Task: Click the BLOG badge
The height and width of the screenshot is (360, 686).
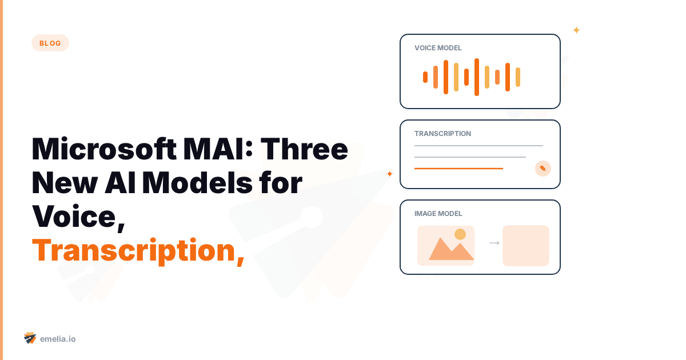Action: (50, 43)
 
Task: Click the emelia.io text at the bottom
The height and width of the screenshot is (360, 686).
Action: (58, 339)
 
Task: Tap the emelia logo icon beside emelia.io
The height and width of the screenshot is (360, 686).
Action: (30, 338)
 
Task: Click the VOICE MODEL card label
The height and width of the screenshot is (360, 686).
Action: (438, 48)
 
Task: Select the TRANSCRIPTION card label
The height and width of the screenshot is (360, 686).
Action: (442, 134)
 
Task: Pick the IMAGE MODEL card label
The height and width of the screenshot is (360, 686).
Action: (438, 214)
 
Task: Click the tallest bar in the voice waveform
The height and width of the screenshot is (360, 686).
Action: (477, 77)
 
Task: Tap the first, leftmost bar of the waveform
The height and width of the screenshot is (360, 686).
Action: (425, 77)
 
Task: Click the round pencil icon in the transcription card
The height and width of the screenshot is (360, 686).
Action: (543, 169)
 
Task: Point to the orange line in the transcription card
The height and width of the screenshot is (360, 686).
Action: (458, 169)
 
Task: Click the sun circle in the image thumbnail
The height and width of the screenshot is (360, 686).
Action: (460, 234)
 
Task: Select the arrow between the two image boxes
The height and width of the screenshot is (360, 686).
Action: (494, 243)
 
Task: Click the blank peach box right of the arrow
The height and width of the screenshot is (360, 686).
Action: (526, 246)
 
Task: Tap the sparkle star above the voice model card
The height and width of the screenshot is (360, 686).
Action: (576, 30)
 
